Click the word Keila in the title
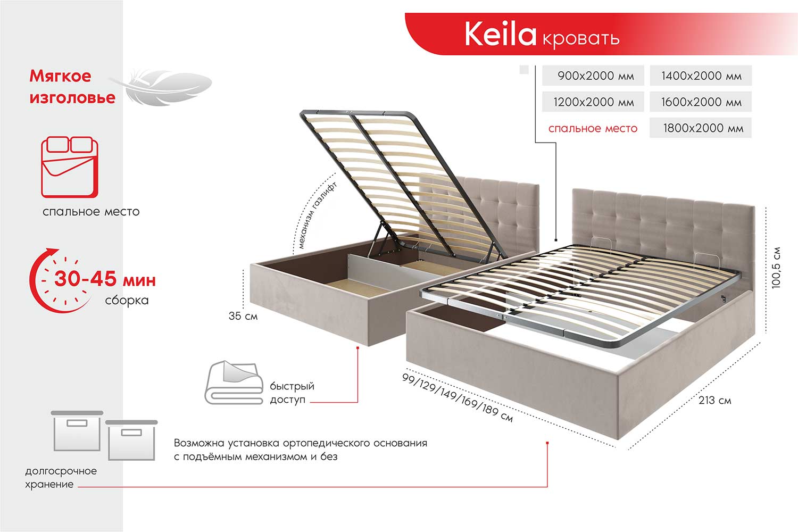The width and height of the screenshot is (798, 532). pos(500,34)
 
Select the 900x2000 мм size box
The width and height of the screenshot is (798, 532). pos(593,76)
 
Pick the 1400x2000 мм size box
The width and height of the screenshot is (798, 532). pos(701,76)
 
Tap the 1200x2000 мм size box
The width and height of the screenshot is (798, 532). pos(593,102)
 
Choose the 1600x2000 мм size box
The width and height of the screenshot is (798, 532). pos(701,102)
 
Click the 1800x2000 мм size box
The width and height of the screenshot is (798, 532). pos(701,128)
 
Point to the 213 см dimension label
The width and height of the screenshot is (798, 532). pos(714,401)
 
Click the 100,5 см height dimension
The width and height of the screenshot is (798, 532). pos(776,268)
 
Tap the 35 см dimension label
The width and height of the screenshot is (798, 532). pos(243,316)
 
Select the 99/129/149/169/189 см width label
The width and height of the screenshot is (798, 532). pos(458,398)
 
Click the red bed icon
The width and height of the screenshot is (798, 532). pos(70,167)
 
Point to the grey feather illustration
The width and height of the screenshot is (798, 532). pos(160,87)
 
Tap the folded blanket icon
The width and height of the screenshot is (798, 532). pos(234,383)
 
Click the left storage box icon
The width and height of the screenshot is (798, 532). pos(77,431)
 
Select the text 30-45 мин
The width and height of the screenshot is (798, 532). pos(105,279)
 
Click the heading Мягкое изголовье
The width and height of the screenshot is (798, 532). pos(72,87)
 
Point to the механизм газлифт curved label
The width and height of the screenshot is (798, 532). pos(317,215)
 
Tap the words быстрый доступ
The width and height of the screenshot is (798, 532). pos(292,393)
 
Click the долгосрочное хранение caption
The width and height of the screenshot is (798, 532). pos(61,478)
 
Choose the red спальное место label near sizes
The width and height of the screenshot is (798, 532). pos(593,128)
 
